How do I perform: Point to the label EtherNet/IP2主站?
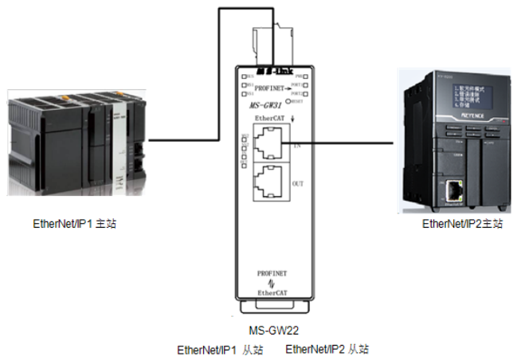point(462,224)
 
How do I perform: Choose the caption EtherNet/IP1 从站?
point(219,350)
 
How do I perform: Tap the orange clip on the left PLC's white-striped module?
point(119,95)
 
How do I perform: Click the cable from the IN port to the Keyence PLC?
point(351,144)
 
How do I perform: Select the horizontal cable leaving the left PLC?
point(183,140)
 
